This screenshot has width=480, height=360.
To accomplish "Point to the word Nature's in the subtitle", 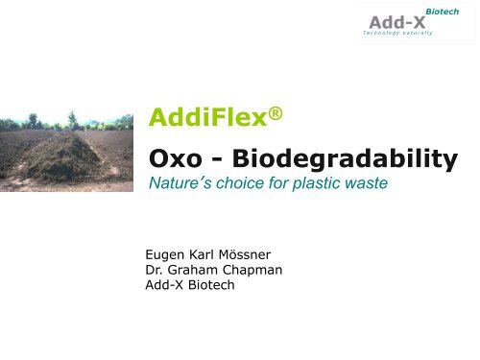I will (180, 183).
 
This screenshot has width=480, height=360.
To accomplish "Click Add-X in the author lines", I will (164, 286).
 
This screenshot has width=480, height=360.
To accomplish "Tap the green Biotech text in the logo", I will (442, 11).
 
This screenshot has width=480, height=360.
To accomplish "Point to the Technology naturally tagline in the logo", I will (397, 34).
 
